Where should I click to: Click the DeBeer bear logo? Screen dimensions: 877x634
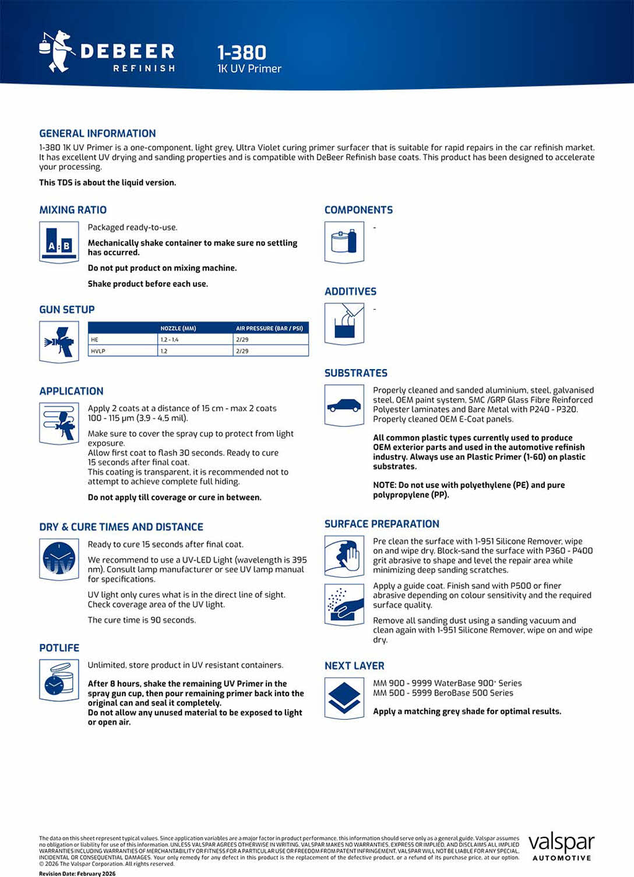tap(56, 51)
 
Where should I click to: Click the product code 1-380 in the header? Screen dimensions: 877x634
tap(242, 52)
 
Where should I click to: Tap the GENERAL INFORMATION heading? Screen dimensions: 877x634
tap(97, 134)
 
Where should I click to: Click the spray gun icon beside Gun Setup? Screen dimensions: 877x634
tap(59, 342)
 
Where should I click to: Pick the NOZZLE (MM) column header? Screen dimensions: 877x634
tap(178, 328)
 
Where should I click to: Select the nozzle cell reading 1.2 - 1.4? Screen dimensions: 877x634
tap(170, 339)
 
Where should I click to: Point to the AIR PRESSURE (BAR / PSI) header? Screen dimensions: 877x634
tap(269, 328)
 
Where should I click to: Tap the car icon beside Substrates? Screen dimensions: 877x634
tap(344, 405)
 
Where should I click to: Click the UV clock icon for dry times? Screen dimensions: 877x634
tap(59, 559)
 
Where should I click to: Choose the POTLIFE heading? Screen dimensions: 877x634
tap(59, 648)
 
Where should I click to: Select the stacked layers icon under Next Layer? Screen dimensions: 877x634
tap(344, 697)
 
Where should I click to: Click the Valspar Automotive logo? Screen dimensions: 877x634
tap(561, 846)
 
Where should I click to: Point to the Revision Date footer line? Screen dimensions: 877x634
tap(78, 874)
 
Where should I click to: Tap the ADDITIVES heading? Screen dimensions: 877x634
tap(350, 292)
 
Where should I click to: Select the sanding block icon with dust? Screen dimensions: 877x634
tap(344, 605)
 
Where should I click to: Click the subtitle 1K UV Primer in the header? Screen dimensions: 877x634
tap(249, 69)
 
